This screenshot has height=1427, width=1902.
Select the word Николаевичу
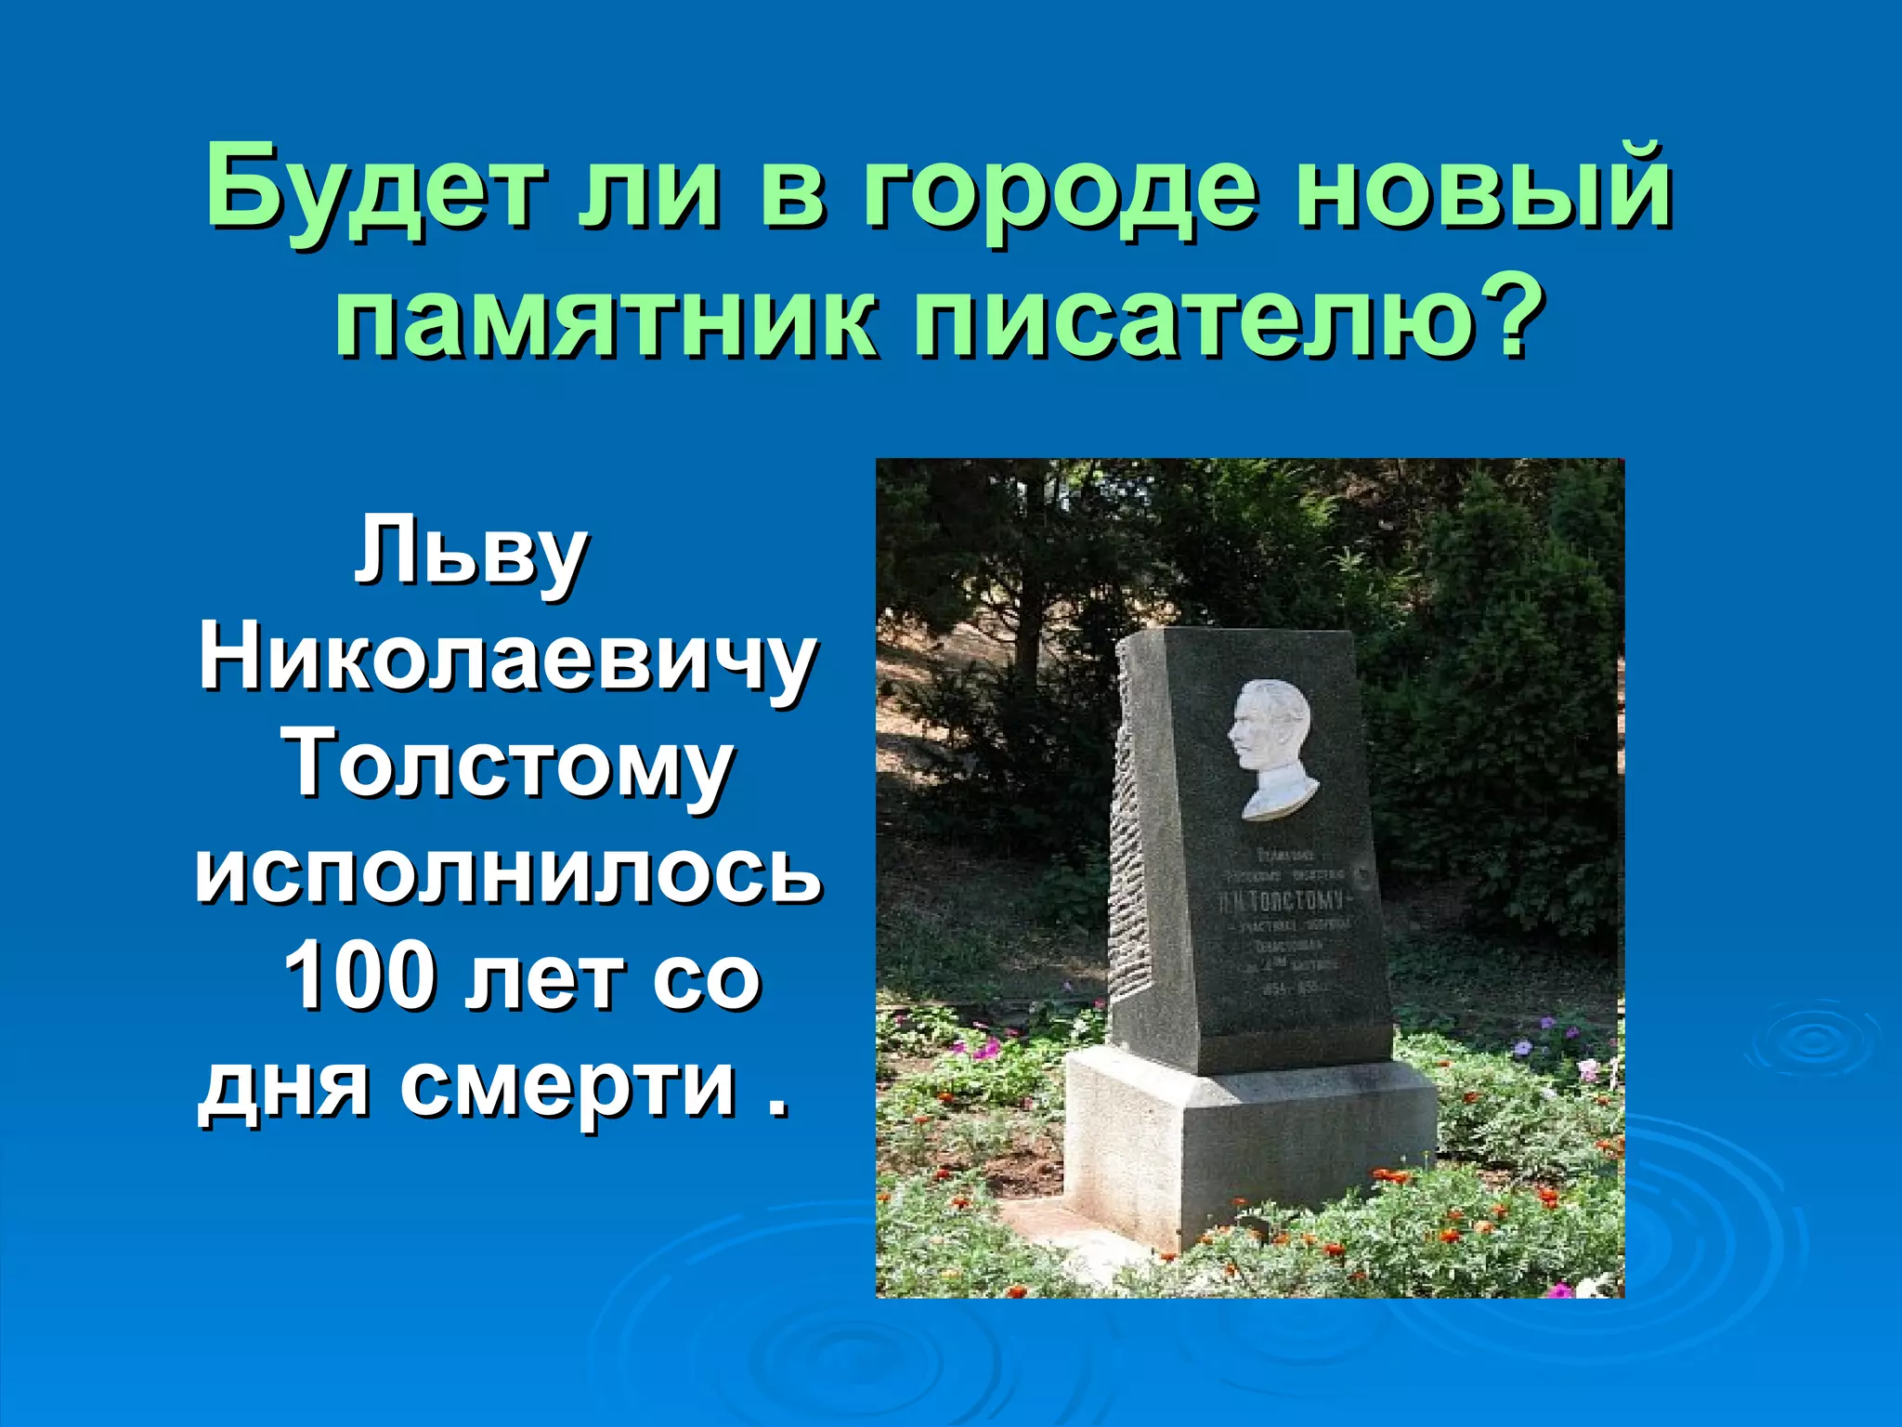507,661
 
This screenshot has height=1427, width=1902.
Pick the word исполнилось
509,873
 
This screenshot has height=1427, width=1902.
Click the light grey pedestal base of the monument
1244,1143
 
